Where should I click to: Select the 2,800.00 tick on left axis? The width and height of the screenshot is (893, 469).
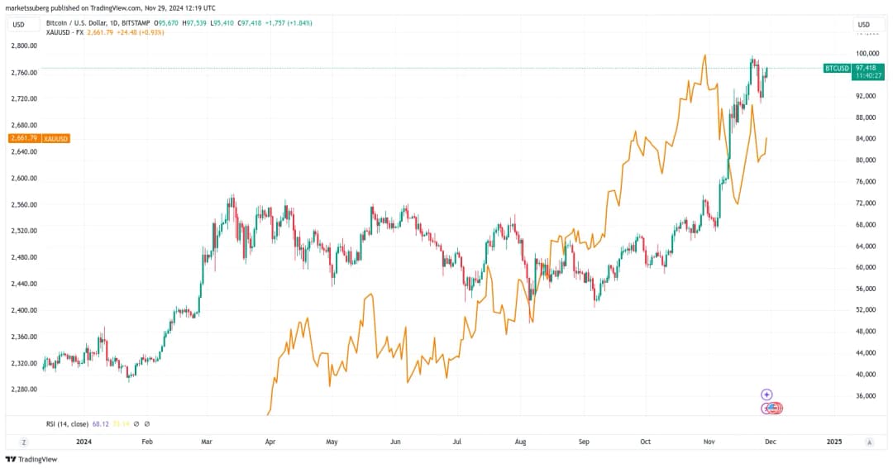[24, 46]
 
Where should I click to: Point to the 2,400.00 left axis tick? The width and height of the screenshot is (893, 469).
[24, 310]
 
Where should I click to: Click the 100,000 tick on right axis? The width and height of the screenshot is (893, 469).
[867, 53]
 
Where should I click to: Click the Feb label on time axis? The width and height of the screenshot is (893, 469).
[147, 442]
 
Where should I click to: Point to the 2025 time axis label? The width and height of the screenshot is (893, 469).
[834, 442]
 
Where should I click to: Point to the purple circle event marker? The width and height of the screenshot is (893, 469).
[766, 395]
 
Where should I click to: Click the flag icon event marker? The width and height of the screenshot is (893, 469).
[771, 408]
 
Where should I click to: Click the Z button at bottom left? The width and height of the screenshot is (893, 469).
[23, 443]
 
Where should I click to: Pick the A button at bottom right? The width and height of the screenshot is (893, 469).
[869, 443]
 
